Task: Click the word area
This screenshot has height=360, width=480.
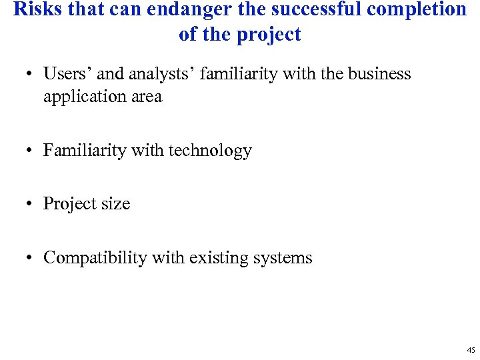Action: [x=147, y=97]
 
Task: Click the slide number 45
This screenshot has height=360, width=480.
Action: [x=471, y=350]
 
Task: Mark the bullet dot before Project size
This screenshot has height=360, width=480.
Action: [x=30, y=204]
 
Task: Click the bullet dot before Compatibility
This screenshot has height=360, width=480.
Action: [x=30, y=258]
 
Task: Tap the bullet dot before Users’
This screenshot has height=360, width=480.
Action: [x=30, y=74]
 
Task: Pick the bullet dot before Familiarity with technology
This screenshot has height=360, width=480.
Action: [x=30, y=151]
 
